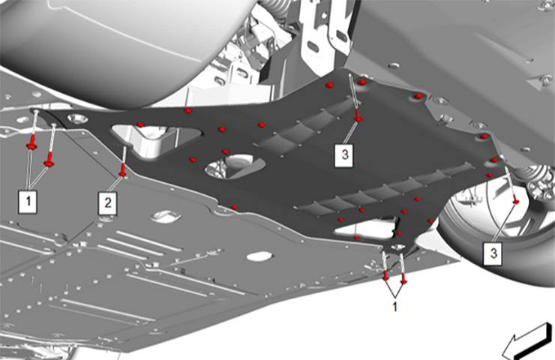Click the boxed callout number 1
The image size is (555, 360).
28,200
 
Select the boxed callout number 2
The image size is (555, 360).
109,201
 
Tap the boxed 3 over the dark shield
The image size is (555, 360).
343,155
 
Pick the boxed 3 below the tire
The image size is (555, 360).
493,253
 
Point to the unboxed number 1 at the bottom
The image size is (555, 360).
394,307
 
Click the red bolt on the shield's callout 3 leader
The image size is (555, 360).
359,118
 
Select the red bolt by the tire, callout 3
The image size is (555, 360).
516,202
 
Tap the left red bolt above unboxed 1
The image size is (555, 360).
385,275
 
